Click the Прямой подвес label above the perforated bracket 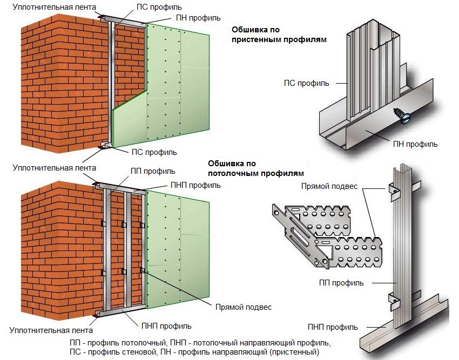(x=329, y=187)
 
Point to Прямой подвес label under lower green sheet (x=243, y=307)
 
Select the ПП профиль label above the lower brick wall (x=153, y=171)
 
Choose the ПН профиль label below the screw (x=415, y=145)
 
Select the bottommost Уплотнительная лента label (x=51, y=330)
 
